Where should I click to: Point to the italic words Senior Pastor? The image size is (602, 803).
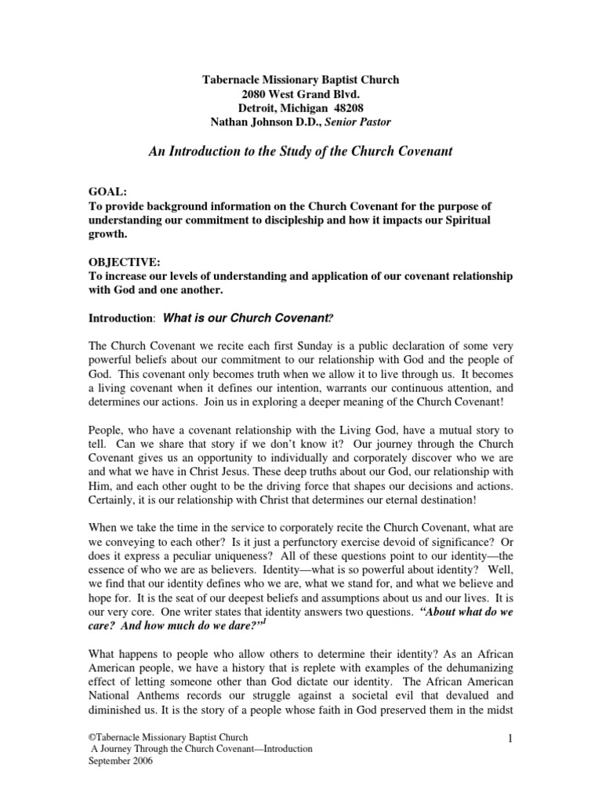pos(357,122)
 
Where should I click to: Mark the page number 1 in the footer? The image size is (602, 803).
pos(510,738)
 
